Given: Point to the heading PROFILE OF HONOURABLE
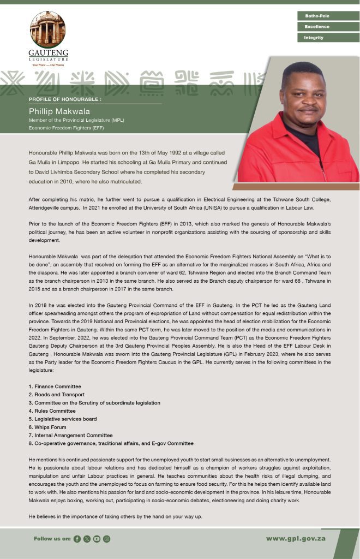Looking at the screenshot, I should point(65,99).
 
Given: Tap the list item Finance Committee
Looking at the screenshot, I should point(55,386).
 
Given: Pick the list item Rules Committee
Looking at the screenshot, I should point(52,411).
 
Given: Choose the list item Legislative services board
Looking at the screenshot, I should point(63,419).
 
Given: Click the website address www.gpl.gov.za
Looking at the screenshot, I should point(296,539).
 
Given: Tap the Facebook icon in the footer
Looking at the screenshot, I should point(77,539).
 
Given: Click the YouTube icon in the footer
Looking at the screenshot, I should point(97,539).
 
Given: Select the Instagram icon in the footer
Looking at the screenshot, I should point(106,539).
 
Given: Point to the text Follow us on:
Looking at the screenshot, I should point(52,539).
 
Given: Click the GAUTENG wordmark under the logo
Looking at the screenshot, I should point(48,53).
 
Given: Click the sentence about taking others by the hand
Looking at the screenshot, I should point(115,516).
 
